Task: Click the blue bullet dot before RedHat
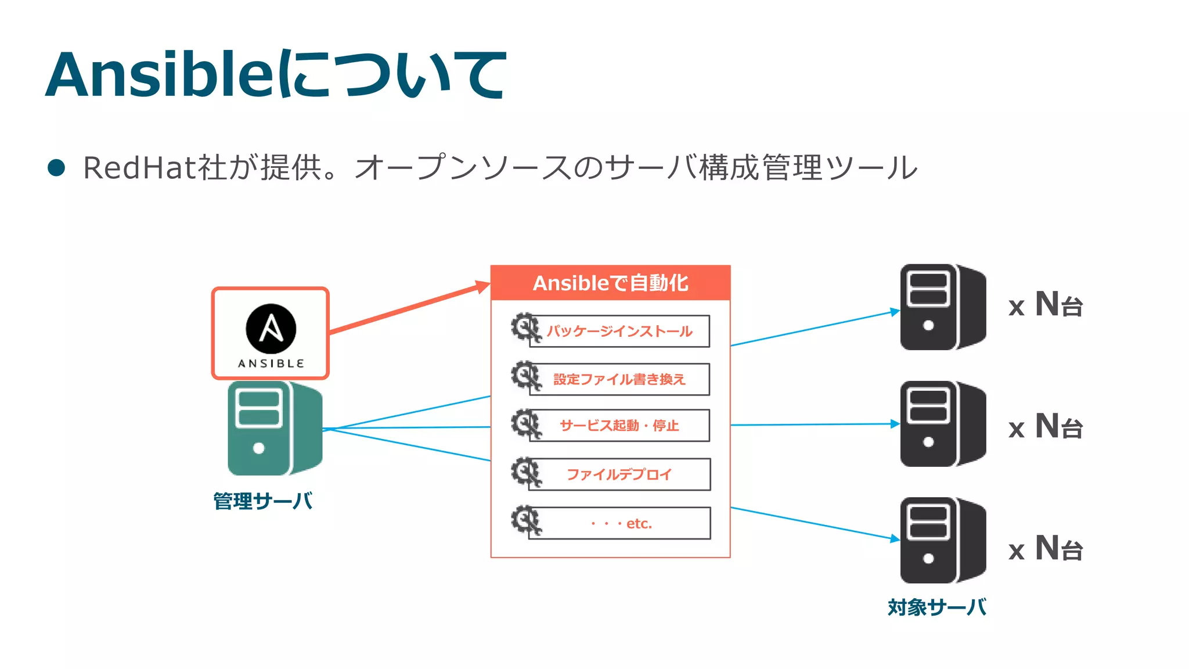click(56, 168)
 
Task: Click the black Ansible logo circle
click(271, 329)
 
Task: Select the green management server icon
click(274, 428)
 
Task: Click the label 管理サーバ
click(263, 501)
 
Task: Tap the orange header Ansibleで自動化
click(610, 283)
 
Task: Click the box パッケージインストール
click(619, 331)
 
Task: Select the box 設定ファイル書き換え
click(619, 379)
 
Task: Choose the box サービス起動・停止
click(619, 426)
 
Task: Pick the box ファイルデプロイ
click(619, 474)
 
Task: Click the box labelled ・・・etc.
click(619, 523)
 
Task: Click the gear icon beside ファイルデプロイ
click(526, 472)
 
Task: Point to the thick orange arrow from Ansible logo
click(406, 308)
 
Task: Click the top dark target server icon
click(942, 307)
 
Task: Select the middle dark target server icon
click(942, 424)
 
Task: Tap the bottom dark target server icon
click(942, 540)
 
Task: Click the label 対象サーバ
click(936, 607)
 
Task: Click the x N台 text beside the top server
click(1045, 305)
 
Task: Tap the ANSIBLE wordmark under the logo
click(271, 364)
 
